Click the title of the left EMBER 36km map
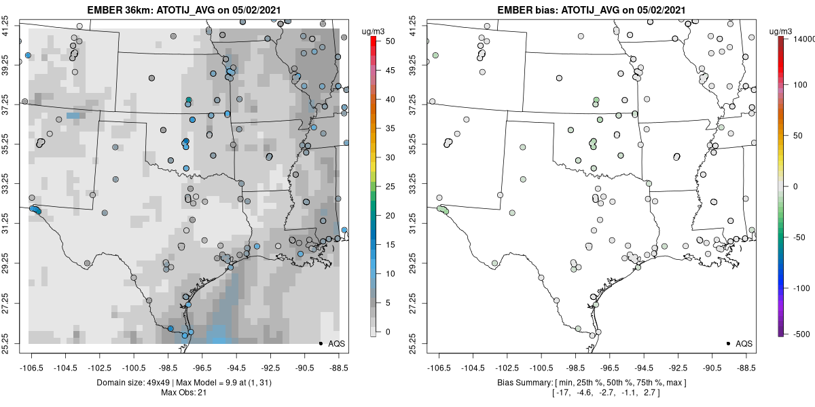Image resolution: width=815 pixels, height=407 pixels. (184, 9)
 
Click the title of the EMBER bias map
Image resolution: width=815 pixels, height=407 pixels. (592, 9)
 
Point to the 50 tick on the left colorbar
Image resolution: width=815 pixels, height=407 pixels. (390, 41)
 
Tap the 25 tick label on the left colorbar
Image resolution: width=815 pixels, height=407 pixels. (390, 187)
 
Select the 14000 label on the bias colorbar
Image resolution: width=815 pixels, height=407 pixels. (803, 39)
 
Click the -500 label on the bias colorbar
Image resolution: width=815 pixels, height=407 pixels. (801, 334)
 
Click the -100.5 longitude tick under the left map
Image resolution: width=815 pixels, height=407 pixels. (134, 368)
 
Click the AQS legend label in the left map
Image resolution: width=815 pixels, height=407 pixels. (337, 344)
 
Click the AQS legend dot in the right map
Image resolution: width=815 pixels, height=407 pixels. (728, 343)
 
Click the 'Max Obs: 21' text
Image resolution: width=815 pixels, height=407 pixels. (184, 393)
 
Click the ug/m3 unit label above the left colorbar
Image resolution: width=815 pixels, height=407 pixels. (374, 32)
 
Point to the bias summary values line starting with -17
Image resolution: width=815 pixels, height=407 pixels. (606, 393)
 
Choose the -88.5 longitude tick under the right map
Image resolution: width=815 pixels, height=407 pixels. (746, 368)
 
